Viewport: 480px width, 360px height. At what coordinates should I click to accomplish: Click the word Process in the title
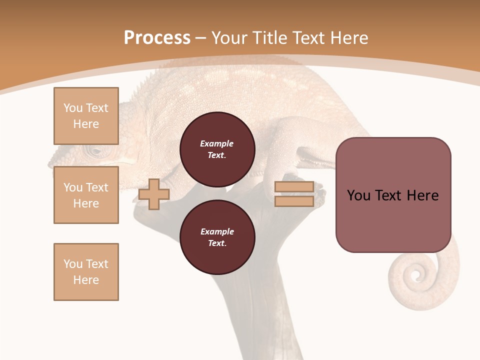157,38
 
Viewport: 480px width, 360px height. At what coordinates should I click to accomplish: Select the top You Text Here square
86,116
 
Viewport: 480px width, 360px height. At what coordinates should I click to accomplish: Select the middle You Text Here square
86,195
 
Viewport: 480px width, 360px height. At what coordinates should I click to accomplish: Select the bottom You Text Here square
86,272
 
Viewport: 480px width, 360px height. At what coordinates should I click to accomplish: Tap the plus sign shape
154,194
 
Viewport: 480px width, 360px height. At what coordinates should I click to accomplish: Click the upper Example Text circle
217,149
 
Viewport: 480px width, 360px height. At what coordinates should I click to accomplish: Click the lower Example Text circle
217,237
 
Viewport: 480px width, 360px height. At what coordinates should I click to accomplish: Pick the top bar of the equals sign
294,187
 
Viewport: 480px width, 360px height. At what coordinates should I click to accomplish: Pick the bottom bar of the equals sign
294,201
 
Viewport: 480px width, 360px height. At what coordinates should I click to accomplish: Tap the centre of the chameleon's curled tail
415,274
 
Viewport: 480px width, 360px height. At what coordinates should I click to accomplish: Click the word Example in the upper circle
217,143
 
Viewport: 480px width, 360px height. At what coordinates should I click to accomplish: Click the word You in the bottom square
73,264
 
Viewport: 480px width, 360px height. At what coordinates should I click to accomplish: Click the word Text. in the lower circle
217,243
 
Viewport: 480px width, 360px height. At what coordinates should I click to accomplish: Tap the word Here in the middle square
86,203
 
